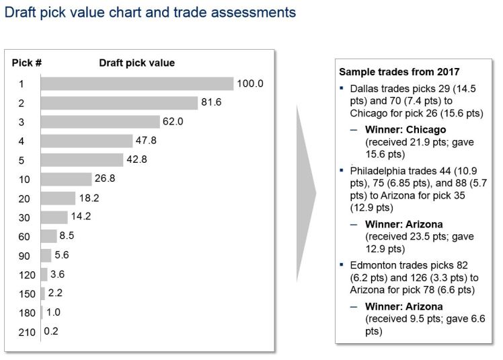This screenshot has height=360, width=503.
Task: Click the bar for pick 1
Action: tap(137, 83)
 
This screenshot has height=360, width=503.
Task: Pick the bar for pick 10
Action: tap(66, 179)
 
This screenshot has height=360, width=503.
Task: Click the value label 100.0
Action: tap(249, 83)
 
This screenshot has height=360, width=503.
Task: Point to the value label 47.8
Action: tap(147, 141)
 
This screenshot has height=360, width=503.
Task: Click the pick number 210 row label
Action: tap(22, 331)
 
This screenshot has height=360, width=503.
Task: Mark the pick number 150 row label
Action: tap(22, 293)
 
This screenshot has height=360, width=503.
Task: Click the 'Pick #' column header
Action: tap(27, 63)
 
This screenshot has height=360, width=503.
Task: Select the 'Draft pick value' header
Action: tap(137, 63)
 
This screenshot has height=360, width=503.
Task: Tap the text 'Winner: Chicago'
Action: tap(405, 129)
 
